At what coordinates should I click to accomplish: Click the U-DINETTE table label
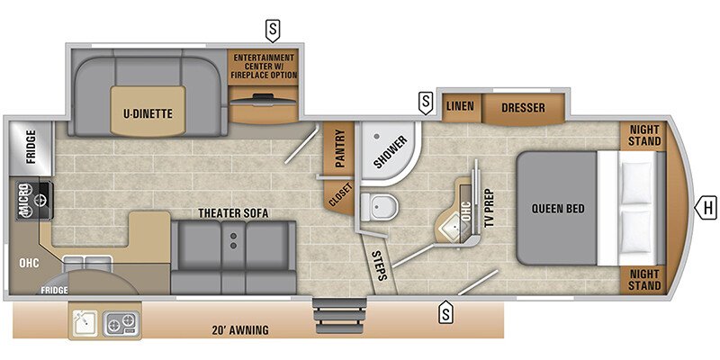tap(148, 113)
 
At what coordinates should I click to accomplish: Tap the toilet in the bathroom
tap(378, 206)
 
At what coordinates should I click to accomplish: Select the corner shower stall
tap(389, 152)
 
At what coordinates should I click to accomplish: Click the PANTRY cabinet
tap(338, 148)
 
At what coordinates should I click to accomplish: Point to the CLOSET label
tap(340, 194)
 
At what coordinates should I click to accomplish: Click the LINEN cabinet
tap(461, 107)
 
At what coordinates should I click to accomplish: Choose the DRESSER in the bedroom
tap(523, 108)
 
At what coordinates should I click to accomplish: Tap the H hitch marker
tap(705, 209)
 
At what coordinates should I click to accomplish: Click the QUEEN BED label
tap(558, 209)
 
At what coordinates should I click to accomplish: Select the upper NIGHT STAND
tap(644, 136)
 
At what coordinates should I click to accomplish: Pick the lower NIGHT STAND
tap(644, 280)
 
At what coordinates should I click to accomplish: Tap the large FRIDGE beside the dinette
tap(31, 147)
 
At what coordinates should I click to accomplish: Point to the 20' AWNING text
tap(240, 329)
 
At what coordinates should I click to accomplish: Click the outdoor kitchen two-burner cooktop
tap(121, 324)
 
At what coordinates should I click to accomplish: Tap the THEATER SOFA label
tap(233, 213)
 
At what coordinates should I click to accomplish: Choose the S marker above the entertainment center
tap(273, 31)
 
